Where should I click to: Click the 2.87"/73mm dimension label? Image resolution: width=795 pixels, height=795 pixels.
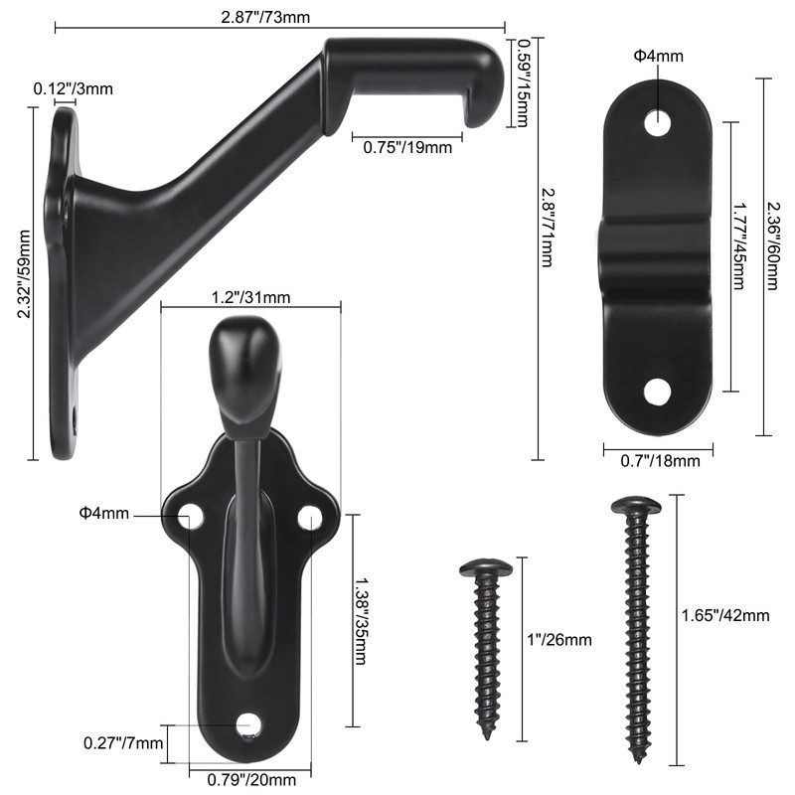(280, 18)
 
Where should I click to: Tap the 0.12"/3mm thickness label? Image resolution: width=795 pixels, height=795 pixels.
(74, 88)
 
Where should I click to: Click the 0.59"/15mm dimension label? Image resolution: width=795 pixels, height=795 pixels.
(523, 83)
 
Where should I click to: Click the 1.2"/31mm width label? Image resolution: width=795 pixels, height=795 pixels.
(250, 297)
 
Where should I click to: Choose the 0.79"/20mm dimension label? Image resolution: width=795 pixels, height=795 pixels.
(251, 778)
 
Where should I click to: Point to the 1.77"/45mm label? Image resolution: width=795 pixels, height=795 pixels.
(739, 257)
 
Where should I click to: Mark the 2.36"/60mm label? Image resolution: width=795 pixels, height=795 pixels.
(772, 256)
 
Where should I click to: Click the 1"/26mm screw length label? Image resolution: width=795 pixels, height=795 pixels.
(561, 639)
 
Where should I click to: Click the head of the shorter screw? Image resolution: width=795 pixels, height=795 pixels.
(486, 569)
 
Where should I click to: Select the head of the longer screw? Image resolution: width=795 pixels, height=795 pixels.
(636, 507)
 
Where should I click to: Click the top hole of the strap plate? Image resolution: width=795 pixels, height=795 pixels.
(657, 124)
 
